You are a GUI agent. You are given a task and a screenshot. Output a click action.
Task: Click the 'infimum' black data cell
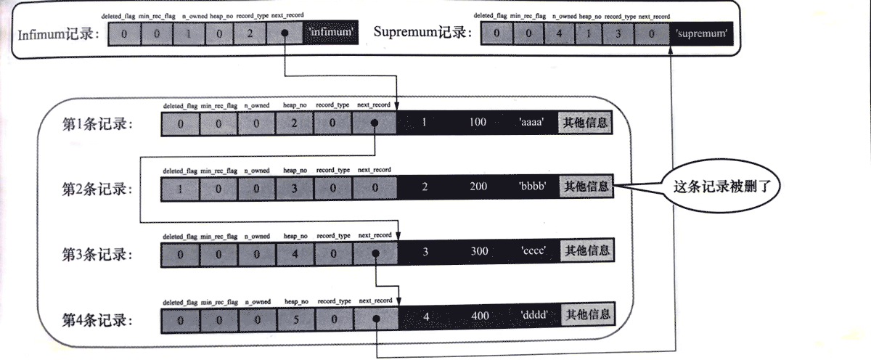click(x=332, y=33)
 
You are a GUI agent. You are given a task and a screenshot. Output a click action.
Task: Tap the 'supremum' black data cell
click(x=701, y=33)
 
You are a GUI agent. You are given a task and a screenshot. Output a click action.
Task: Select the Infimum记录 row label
click(x=58, y=33)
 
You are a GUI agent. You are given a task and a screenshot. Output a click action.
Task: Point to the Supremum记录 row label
click(x=422, y=33)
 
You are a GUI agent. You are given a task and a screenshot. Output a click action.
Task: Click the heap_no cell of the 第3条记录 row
click(x=295, y=252)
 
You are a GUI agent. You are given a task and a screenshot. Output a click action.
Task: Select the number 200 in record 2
click(x=478, y=187)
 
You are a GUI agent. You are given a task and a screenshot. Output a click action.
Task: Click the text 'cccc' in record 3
click(x=533, y=252)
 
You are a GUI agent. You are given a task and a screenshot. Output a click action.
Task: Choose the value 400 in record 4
click(x=478, y=316)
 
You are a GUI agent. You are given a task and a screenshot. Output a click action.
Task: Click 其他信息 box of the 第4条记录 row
click(x=586, y=315)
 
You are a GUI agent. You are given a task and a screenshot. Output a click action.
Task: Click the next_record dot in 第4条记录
click(x=375, y=317)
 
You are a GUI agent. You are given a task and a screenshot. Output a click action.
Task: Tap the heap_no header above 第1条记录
click(x=295, y=105)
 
